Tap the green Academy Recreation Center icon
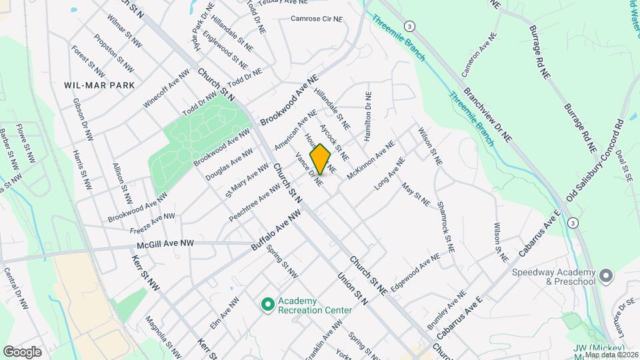click(x=267, y=305)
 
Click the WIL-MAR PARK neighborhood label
click(x=99, y=85)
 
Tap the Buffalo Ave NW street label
click(x=277, y=230)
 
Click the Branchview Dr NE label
click(x=489, y=115)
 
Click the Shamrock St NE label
click(x=445, y=221)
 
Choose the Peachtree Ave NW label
click(x=254, y=203)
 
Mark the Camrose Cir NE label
click(x=317, y=19)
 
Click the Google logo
click(x=22, y=352)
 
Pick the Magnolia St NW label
click(x=163, y=337)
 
